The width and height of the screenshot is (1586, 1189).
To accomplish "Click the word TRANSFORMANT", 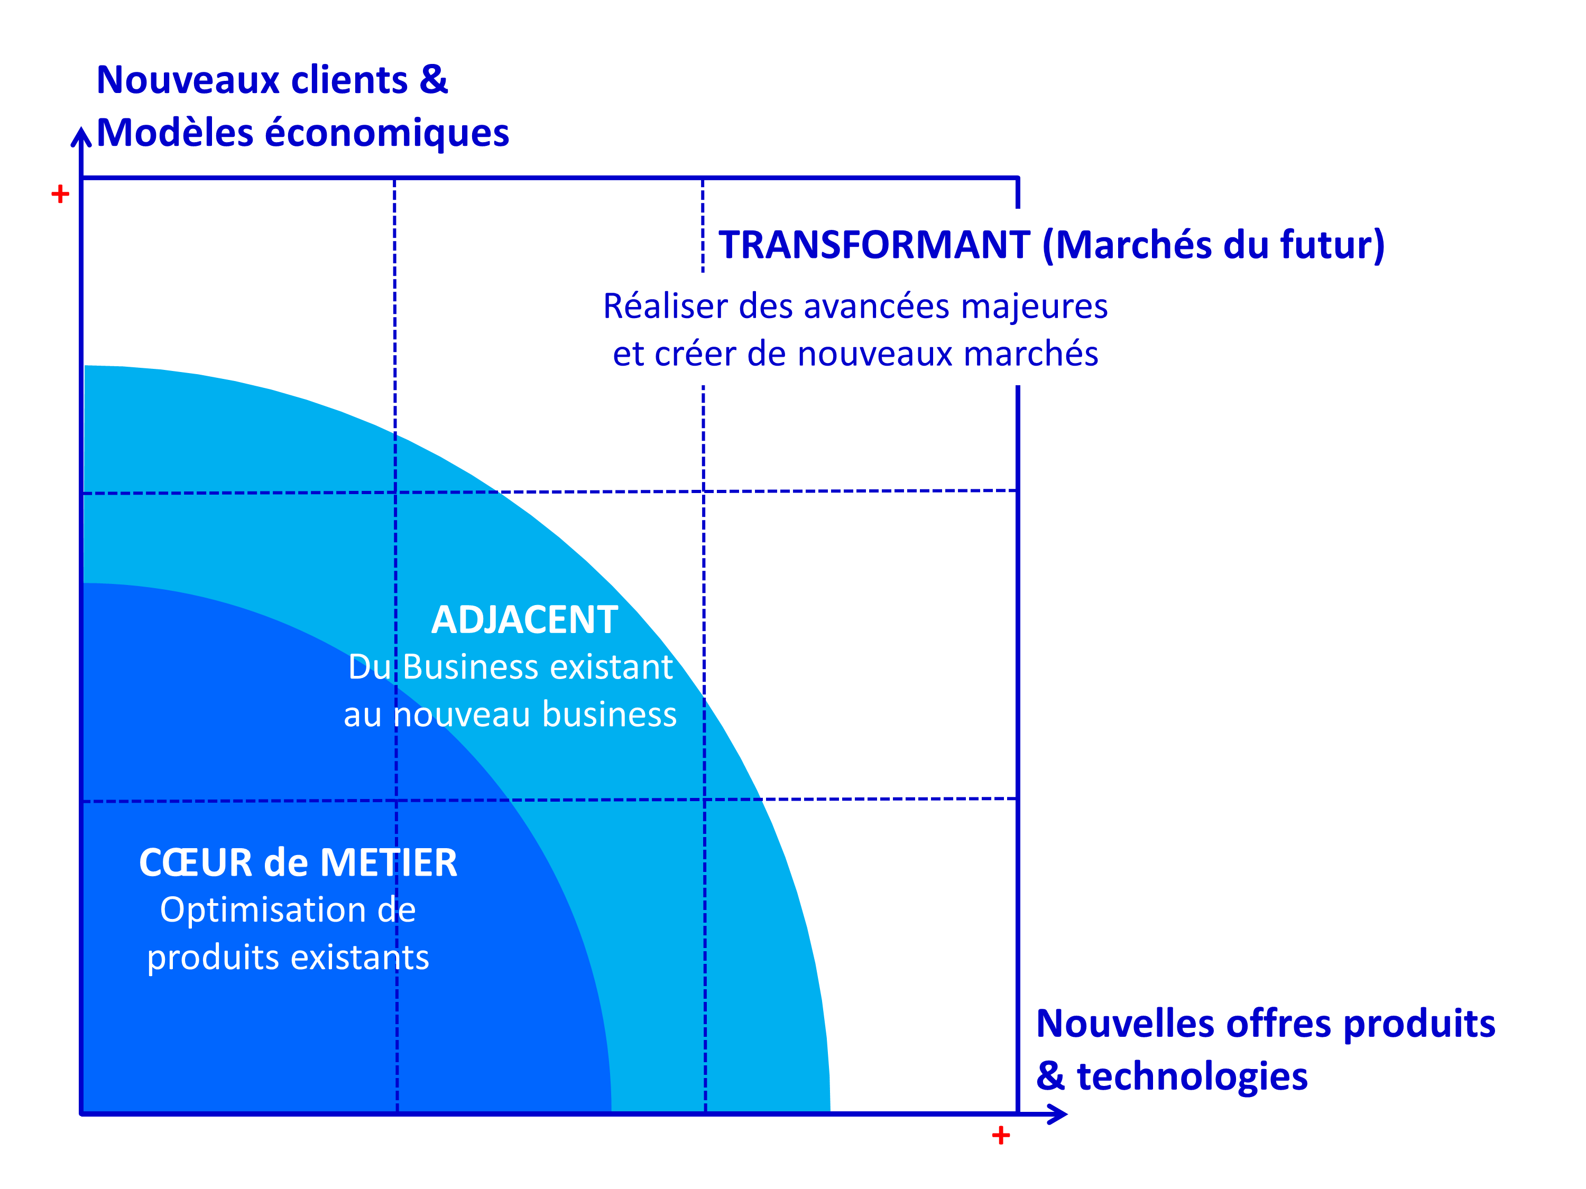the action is point(874,245).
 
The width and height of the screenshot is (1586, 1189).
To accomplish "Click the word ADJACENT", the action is point(524,620).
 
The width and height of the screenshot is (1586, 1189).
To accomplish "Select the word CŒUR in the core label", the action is point(196,862).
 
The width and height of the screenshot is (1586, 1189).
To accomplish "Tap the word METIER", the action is point(389,862).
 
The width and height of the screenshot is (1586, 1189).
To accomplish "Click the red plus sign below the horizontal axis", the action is point(1001,1135).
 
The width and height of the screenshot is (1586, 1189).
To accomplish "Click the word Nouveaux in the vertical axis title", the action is point(187,80).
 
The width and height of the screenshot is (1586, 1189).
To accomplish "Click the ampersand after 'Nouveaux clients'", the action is point(434,80).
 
